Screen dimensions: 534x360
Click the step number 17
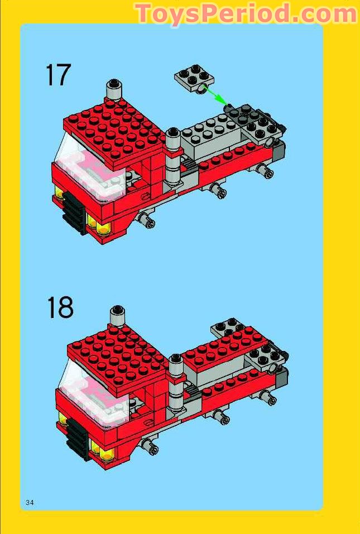[58, 75]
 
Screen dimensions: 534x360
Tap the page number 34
[30, 503]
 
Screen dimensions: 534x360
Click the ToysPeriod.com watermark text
[246, 13]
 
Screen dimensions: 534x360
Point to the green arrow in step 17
[215, 95]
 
